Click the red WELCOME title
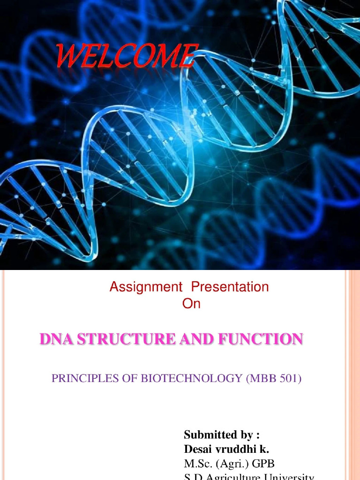coord(125,56)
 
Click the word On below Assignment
coord(191,304)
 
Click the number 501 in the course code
coord(289,378)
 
